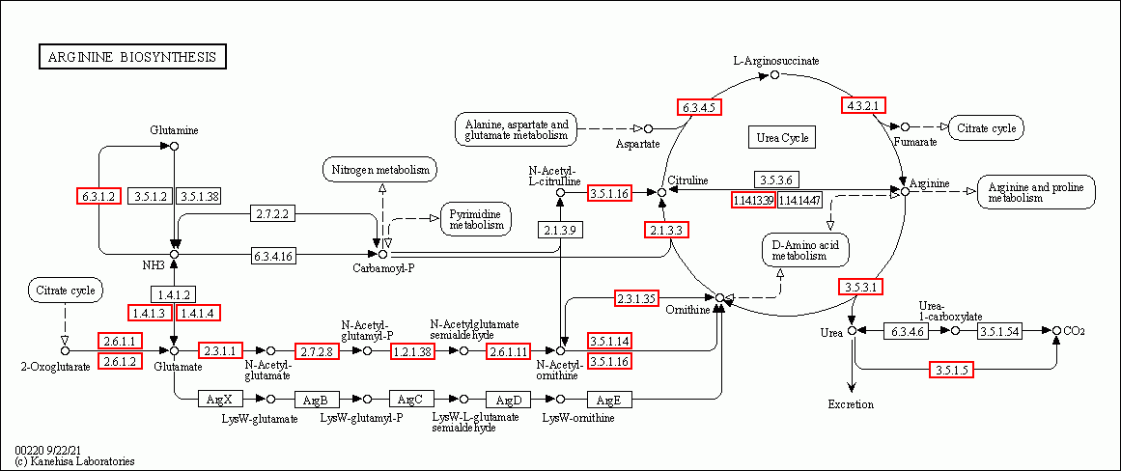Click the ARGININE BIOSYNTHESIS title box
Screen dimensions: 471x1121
[x=132, y=58]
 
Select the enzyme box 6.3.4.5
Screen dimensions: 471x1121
[x=700, y=107]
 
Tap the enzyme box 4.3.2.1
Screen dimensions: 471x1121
[x=864, y=105]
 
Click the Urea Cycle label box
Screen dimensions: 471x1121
[x=781, y=138]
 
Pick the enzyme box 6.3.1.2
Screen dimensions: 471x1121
[x=98, y=196]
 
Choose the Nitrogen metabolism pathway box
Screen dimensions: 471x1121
[x=379, y=171]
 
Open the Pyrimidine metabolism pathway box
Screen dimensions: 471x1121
[x=476, y=218]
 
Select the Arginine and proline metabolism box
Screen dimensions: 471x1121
[x=1036, y=192]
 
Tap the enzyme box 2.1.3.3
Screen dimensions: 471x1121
[x=666, y=230]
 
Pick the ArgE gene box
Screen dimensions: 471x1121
[x=608, y=399]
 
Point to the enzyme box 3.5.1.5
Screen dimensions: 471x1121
[x=951, y=370]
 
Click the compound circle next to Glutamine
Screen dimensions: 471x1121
[x=175, y=146]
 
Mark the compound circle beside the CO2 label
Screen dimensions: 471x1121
[x=1057, y=331]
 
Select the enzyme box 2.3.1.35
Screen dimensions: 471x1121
[x=636, y=298]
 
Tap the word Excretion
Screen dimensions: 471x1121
[x=851, y=404]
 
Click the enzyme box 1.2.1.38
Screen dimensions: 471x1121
[x=412, y=351]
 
